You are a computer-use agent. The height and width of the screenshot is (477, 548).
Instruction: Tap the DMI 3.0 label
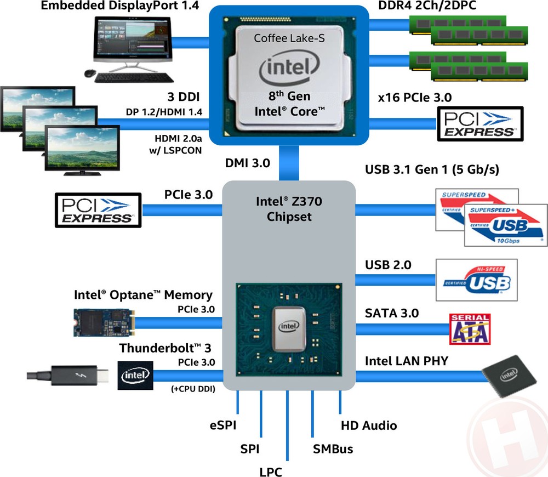pos(248,162)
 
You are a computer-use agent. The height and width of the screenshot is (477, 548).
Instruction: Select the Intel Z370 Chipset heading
pos(289,209)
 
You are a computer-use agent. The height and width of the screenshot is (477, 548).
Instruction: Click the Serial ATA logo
pos(469,328)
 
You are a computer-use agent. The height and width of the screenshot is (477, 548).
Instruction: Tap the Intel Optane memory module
pos(104,322)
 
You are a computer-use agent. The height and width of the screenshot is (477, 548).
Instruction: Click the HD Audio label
pos(369,425)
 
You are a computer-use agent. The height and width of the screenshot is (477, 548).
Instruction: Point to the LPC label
pos(271,470)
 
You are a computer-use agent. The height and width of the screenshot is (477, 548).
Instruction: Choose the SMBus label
pos(333,449)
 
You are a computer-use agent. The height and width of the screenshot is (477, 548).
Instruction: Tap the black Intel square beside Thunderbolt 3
pos(135,376)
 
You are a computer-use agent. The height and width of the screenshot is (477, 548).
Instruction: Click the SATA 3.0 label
pos(391,313)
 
